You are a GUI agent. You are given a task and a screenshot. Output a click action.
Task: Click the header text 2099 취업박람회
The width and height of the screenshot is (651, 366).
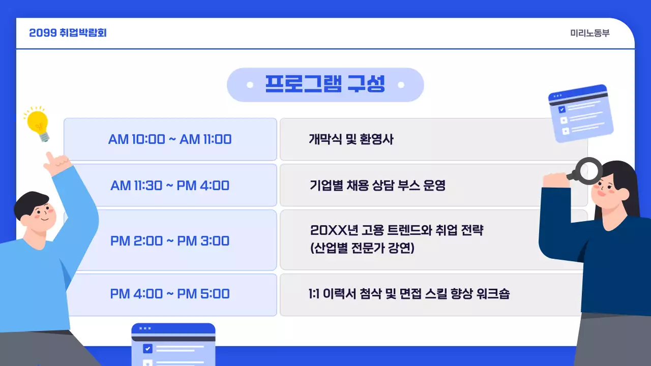point(68,33)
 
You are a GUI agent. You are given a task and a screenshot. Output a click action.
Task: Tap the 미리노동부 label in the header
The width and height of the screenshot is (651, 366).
point(590,34)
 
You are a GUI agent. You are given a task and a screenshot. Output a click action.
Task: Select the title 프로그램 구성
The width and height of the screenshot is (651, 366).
point(325,84)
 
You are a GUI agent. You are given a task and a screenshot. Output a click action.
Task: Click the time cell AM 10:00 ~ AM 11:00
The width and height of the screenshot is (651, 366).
point(170,139)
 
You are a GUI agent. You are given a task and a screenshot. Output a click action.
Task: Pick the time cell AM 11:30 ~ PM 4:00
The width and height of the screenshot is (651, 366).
point(170,186)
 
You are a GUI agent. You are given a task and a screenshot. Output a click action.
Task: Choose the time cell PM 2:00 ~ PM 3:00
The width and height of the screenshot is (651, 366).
point(170,240)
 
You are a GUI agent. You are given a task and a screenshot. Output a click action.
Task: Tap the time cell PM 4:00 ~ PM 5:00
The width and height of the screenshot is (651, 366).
point(170,294)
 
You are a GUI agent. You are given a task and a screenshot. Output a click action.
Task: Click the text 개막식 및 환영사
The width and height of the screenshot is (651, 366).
point(351,139)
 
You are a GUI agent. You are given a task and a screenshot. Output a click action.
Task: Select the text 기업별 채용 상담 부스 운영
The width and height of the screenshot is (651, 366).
point(377,186)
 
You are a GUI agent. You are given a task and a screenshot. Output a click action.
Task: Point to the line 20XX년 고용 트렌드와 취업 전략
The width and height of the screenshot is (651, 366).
point(397,230)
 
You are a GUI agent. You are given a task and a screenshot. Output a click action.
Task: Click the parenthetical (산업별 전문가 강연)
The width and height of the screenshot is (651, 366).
point(363,249)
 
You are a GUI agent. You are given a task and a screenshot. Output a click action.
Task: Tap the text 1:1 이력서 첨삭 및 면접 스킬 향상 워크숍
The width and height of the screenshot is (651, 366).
point(409,294)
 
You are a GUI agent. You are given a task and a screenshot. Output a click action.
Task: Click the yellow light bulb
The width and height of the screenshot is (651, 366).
point(38,124)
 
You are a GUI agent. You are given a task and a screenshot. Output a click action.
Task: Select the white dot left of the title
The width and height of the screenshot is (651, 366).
point(250,85)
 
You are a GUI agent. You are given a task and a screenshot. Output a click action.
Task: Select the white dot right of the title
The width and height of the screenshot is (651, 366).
point(401,85)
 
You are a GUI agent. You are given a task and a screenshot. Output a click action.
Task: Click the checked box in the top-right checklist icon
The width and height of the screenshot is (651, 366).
point(561,109)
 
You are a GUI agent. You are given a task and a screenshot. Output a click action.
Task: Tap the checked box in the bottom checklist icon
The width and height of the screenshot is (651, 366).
point(147,349)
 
